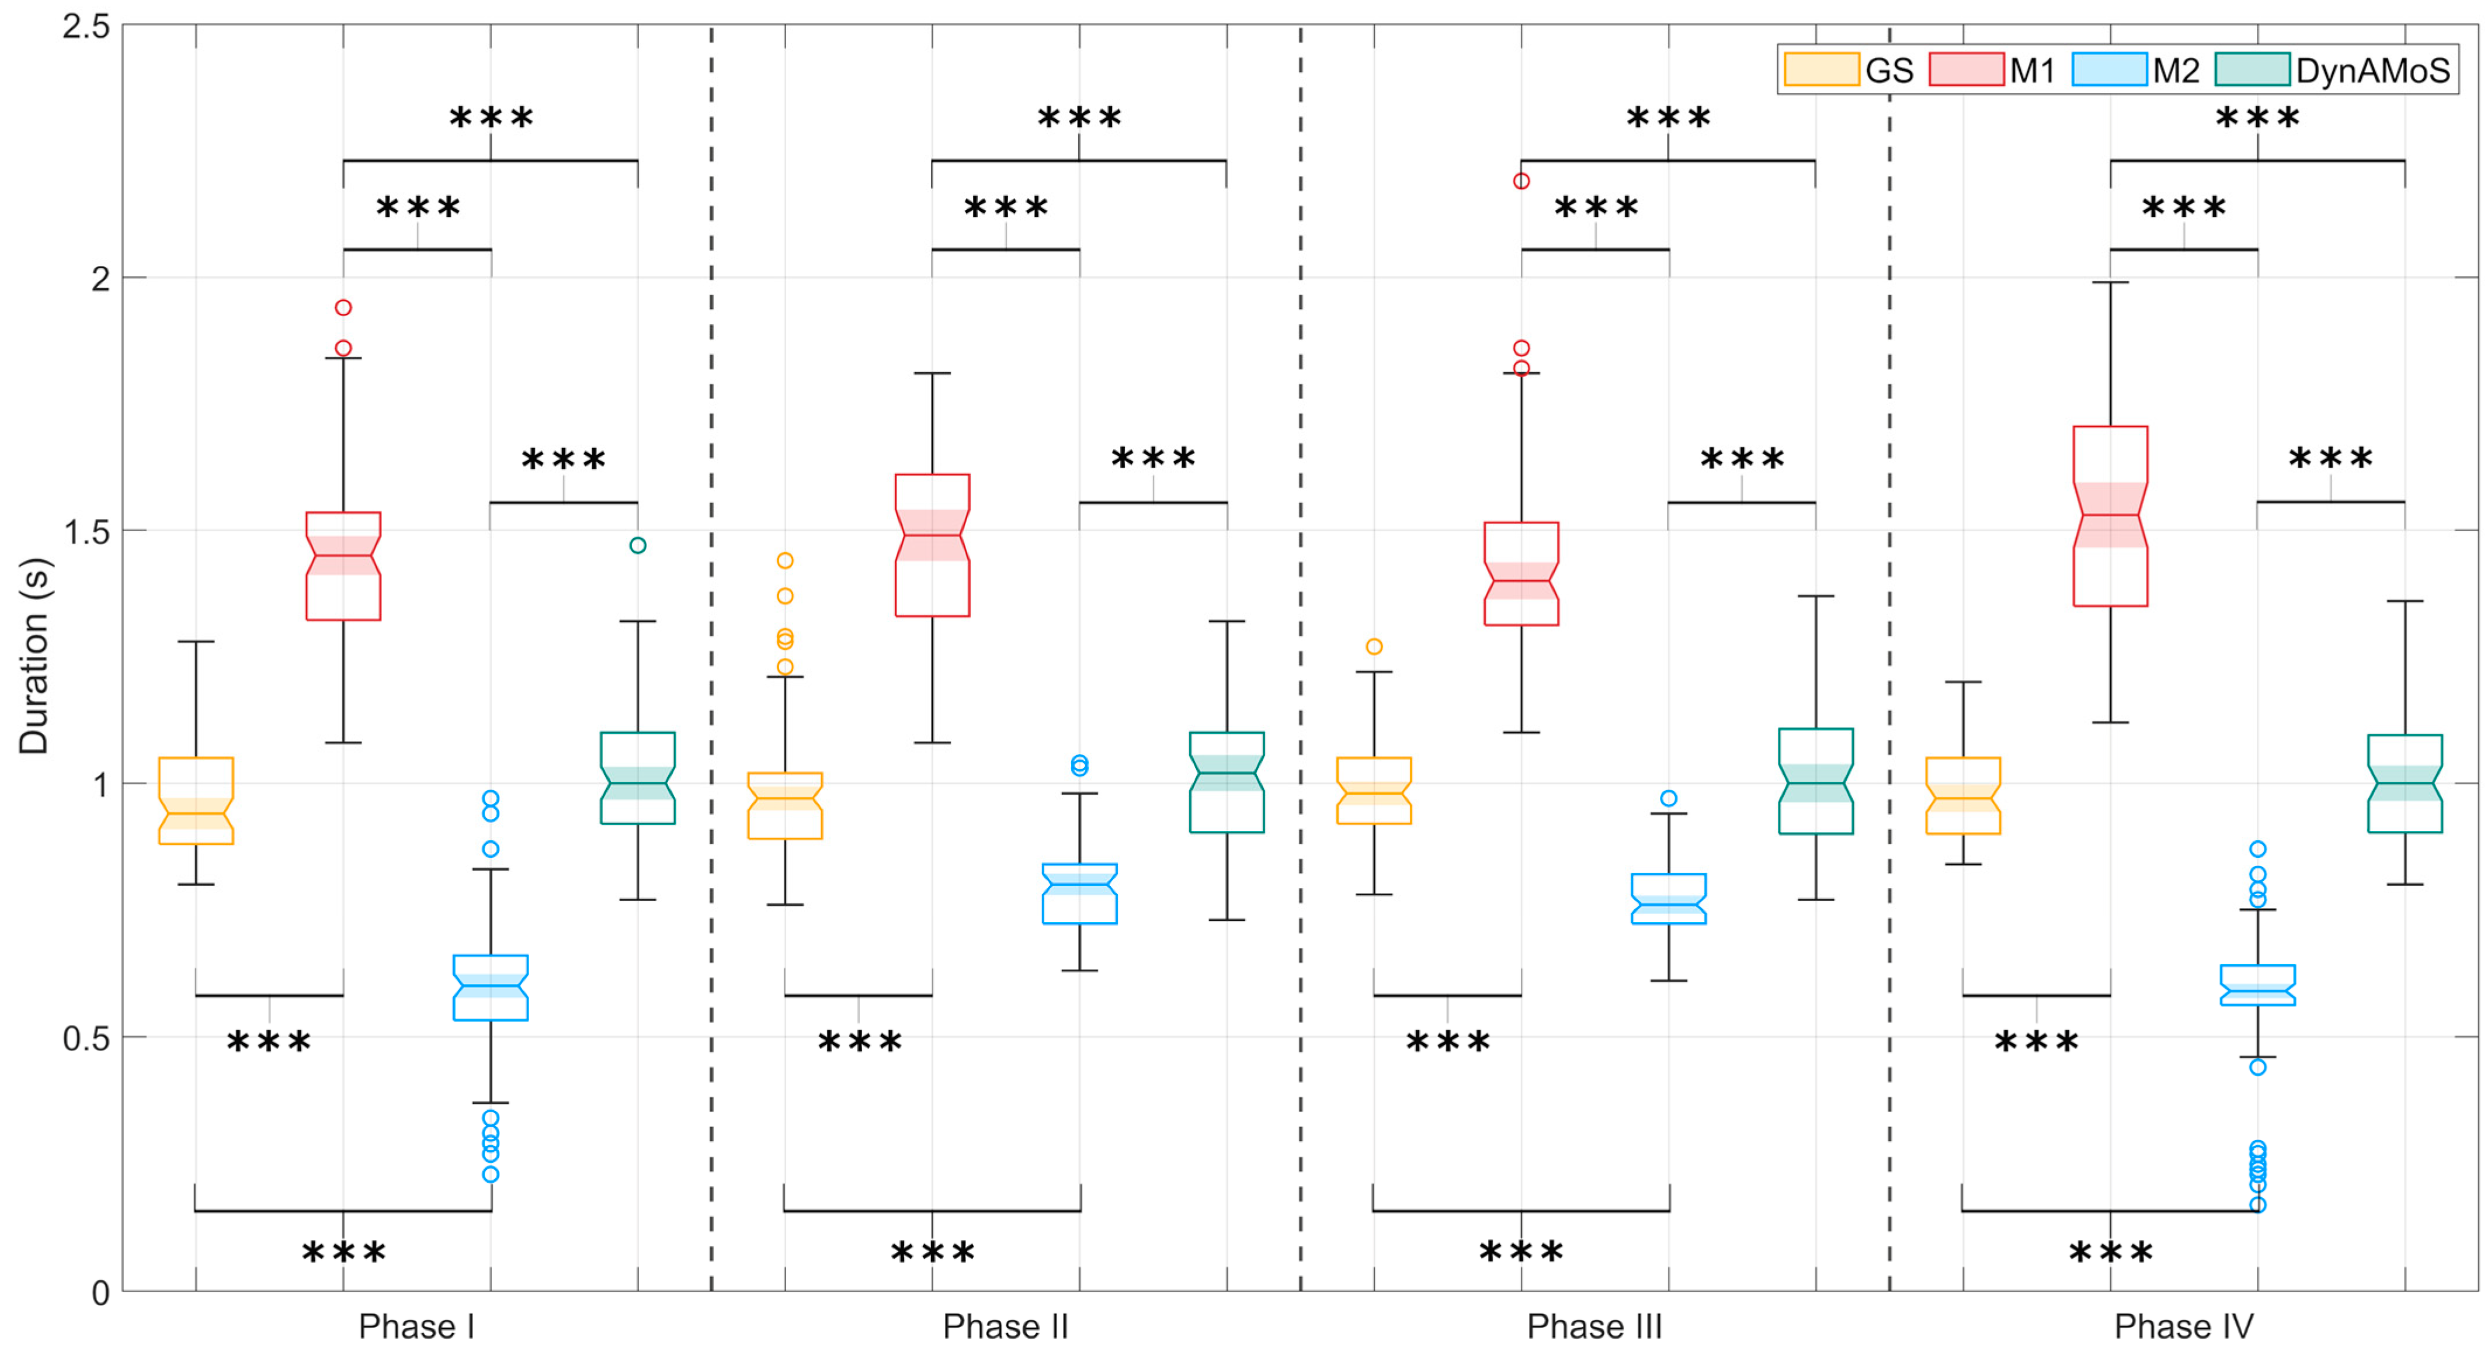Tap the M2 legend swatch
pyautogui.click(x=2109, y=70)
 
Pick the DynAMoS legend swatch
pyautogui.click(x=2252, y=70)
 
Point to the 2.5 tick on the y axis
pyautogui.click(x=86, y=26)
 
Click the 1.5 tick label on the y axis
pyautogui.click(x=86, y=531)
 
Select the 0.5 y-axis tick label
pyautogui.click(x=86, y=1038)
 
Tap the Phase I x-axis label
pyautogui.click(x=417, y=1326)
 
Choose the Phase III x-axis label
pyautogui.click(x=1594, y=1326)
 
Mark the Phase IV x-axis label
pyautogui.click(x=2183, y=1326)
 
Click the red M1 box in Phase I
pyautogui.click(x=343, y=566)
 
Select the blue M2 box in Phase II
pyautogui.click(x=1079, y=893)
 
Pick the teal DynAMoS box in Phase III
pyautogui.click(x=1815, y=781)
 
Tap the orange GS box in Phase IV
pyautogui.click(x=1963, y=795)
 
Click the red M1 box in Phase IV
pyautogui.click(x=2110, y=515)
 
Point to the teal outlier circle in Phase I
pyautogui.click(x=637, y=546)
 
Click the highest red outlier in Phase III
pyautogui.click(x=1521, y=181)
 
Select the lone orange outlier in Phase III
pyautogui.click(x=1374, y=646)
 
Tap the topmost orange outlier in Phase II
pyautogui.click(x=785, y=560)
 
